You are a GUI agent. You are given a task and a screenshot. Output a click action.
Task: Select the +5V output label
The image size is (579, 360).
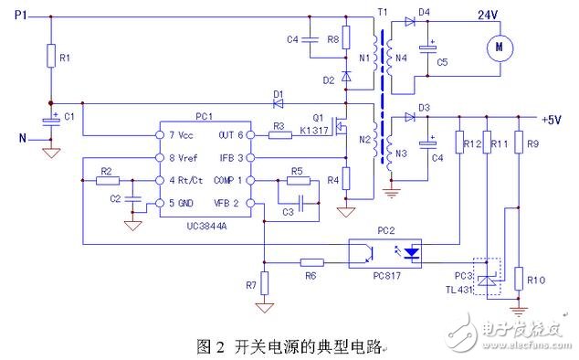(552, 119)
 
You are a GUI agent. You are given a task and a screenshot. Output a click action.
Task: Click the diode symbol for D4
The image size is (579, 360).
(424, 21)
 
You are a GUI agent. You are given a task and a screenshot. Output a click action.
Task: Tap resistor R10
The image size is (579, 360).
(518, 278)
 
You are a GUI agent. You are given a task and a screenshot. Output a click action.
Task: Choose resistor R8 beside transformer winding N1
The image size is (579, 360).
(345, 40)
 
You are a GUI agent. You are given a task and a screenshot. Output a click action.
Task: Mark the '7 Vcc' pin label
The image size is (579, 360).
(174, 135)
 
